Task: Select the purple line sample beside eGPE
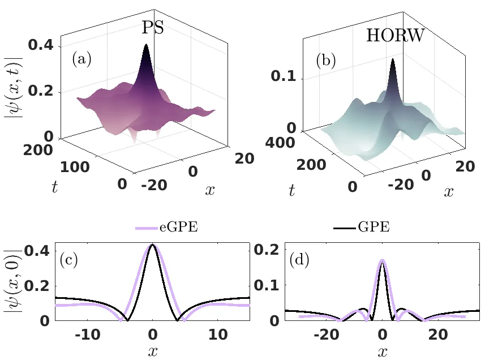149,228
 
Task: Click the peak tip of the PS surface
147,45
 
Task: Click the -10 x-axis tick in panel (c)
87,335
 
